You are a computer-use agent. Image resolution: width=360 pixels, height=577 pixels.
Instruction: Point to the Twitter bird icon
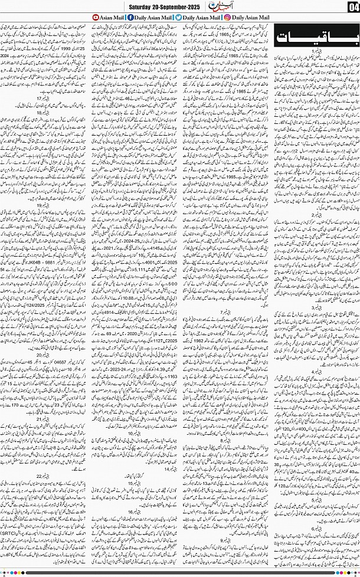coord(179,19)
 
